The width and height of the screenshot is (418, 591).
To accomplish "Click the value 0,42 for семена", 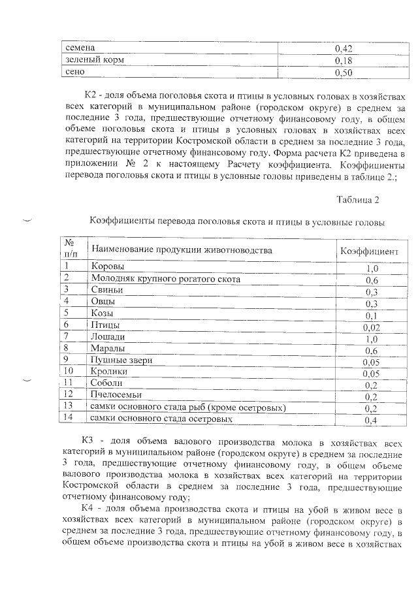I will click(344, 48).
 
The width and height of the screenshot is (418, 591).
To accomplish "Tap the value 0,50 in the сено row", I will click(344, 72).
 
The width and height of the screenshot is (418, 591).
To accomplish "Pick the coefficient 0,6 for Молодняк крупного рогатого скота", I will click(372, 280).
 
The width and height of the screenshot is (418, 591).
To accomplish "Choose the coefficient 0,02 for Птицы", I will click(372, 327).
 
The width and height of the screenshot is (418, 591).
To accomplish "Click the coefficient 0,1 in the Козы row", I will click(372, 315).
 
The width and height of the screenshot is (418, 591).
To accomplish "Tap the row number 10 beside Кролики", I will click(70, 371).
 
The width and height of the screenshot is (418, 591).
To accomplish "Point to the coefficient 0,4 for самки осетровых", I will click(372, 420).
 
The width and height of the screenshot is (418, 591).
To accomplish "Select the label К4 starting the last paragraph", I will click(90, 509).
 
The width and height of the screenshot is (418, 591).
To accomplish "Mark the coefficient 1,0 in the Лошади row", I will click(372, 339).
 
